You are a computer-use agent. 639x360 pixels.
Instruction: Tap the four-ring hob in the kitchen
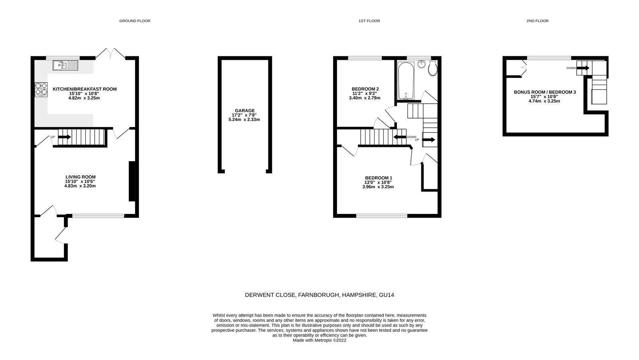click(x=41, y=89)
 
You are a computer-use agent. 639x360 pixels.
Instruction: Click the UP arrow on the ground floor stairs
click(x=64, y=137)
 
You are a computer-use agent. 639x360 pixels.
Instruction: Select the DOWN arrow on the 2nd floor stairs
click(x=583, y=68)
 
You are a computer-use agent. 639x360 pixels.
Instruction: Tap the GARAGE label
click(x=245, y=111)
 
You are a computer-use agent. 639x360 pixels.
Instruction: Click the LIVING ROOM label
click(x=81, y=177)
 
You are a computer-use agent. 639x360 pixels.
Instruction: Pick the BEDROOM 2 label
click(x=365, y=89)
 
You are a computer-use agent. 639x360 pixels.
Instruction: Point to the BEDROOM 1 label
click(x=379, y=178)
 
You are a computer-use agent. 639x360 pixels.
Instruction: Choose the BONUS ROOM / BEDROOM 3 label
click(x=545, y=92)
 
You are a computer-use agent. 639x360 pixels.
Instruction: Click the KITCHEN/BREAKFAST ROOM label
click(x=85, y=89)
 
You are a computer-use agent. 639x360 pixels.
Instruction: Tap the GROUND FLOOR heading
click(x=135, y=21)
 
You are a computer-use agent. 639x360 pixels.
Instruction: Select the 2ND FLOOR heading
click(x=537, y=21)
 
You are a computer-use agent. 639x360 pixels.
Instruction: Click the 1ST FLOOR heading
click(x=369, y=21)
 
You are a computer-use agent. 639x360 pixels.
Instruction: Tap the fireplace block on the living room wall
click(x=131, y=181)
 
